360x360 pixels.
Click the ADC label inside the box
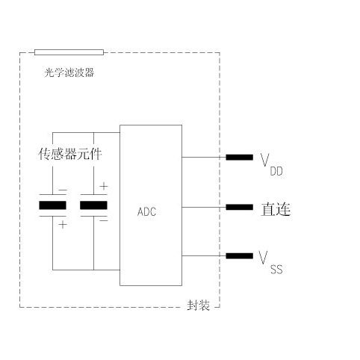[x=147, y=211]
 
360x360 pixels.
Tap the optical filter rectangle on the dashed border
[x=69, y=52]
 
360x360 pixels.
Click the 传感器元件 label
[x=69, y=155]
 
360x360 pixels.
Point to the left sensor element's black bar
[x=52, y=205]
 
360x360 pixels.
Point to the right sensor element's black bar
[x=93, y=205]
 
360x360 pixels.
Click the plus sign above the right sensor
[x=103, y=186]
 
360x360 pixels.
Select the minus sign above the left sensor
[x=62, y=190]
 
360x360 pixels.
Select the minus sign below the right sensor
[x=103, y=220]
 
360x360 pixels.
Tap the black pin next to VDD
[x=239, y=158]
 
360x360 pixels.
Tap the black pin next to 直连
[x=239, y=207]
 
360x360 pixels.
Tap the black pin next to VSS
[x=239, y=256]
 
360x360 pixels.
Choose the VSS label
[x=270, y=261]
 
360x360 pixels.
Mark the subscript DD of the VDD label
[x=276, y=171]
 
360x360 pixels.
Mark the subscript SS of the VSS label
[x=276, y=267]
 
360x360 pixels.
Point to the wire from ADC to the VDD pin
[x=202, y=158]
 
